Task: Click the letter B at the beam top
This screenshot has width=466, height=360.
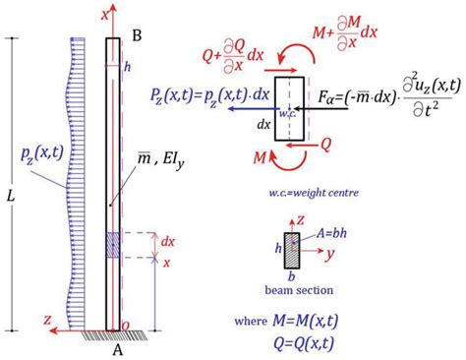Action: pos(138,35)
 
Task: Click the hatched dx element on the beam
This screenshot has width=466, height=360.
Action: pos(113,244)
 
